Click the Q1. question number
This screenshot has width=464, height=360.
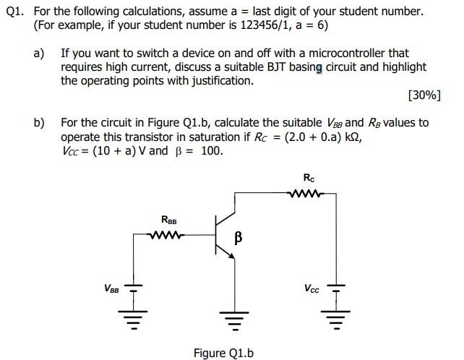[17, 12]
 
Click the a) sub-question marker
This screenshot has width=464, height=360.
[40, 53]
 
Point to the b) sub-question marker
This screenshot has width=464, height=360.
[40, 123]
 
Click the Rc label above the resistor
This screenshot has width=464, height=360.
[309, 177]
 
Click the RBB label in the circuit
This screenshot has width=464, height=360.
[168, 219]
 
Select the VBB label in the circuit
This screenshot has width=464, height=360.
[112, 288]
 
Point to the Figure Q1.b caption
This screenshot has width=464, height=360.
[223, 353]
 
